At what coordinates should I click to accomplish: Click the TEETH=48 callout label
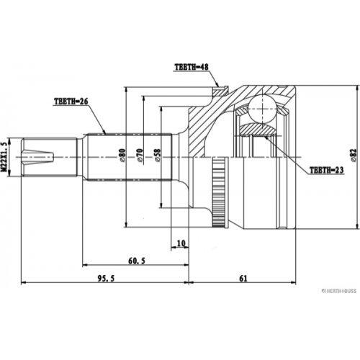[192, 67]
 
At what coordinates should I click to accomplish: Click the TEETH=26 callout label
[71, 102]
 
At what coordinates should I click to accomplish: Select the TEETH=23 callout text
[327, 170]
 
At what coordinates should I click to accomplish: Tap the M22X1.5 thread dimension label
[4, 157]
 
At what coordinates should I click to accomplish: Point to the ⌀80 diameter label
[122, 155]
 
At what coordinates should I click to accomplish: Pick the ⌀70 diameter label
[140, 155]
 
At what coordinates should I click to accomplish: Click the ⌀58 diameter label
[158, 155]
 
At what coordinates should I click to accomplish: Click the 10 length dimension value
[181, 243]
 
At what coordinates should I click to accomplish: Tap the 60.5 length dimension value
[137, 261]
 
